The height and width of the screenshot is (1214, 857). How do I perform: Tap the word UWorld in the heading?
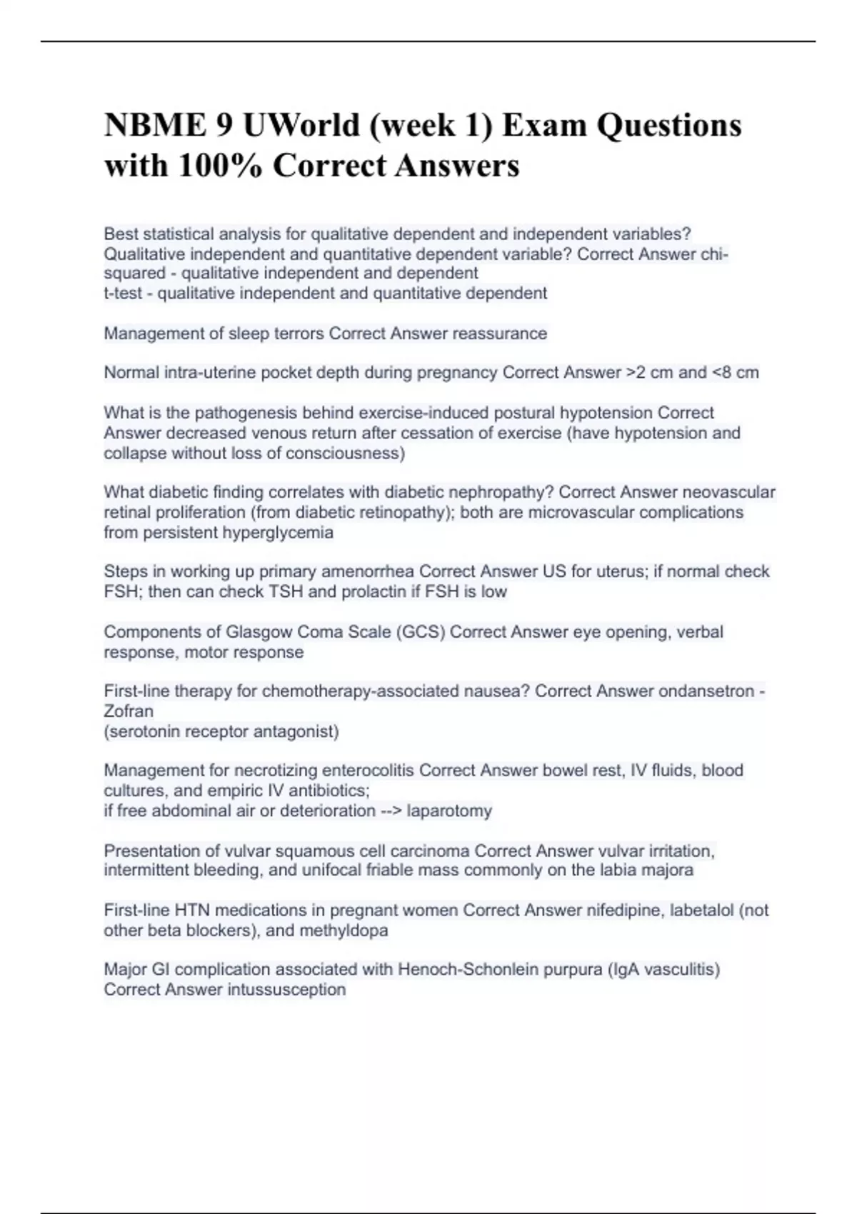[301, 126]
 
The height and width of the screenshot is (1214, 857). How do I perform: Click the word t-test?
[123, 294]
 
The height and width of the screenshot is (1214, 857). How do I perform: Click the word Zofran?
[129, 711]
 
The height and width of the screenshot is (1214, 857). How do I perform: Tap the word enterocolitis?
[368, 771]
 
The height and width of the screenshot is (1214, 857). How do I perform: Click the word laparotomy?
[449, 811]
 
